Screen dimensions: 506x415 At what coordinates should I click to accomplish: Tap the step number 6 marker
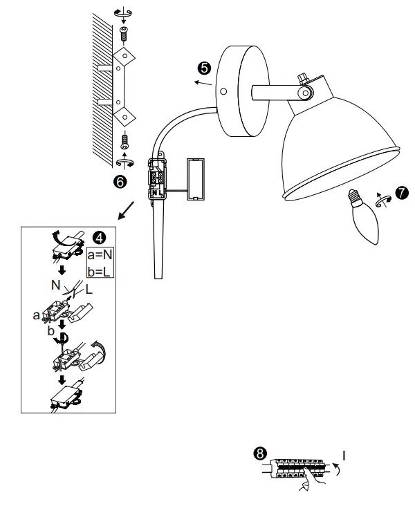click(120, 181)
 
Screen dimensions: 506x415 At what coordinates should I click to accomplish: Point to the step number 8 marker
click(259, 453)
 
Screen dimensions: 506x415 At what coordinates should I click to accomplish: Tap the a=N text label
click(101, 256)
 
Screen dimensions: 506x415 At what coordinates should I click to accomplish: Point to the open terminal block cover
click(197, 179)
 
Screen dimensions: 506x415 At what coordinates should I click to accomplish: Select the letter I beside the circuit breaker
click(344, 456)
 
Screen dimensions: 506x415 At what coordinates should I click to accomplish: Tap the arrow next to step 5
click(202, 83)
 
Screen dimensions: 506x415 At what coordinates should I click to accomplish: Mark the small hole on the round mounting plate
click(223, 91)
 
